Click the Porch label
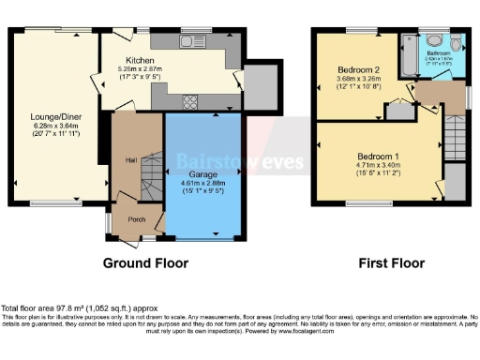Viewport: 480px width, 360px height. pyautogui.click(x=137, y=221)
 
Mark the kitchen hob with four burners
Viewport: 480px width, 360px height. pyautogui.click(x=190, y=102)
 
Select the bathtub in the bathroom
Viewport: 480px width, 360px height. pyautogui.click(x=403, y=56)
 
